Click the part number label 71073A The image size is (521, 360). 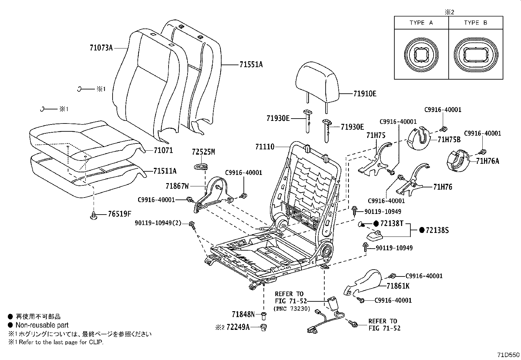pyautogui.click(x=101, y=48)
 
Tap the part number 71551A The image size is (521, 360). pyautogui.click(x=251, y=65)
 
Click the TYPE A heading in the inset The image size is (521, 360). pyautogui.click(x=421, y=23)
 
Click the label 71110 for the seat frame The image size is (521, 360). pyautogui.click(x=265, y=147)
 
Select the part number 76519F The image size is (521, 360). pyautogui.click(x=119, y=214)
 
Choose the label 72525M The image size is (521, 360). pyautogui.click(x=204, y=152)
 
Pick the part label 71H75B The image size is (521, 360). pyautogui.click(x=449, y=140)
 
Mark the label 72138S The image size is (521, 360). pyautogui.click(x=437, y=230)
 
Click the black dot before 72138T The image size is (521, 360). pyautogui.click(x=376, y=223)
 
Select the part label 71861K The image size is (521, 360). pyautogui.click(x=398, y=286)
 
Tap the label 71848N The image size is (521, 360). pyautogui.click(x=243, y=314)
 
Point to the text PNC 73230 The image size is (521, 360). pyautogui.click(x=292, y=308)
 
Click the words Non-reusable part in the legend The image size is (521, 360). pyautogui.click(x=42, y=325)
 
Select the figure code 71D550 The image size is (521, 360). pyautogui.click(x=508, y=355)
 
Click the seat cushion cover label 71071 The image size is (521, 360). pyautogui.click(x=163, y=150)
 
